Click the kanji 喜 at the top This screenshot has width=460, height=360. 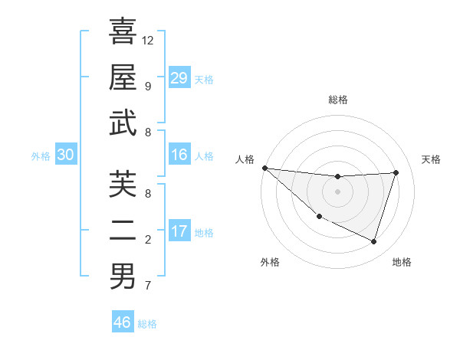tap(123, 31)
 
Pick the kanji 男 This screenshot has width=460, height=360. tap(123, 276)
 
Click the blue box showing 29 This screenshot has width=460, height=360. tap(179, 78)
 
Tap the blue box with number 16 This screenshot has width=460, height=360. tap(179, 155)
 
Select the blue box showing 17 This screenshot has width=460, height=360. tap(179, 231)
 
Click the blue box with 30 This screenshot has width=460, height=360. tap(66, 155)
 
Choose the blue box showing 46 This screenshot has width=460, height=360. tap(123, 322)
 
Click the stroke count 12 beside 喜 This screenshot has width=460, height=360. tap(148, 41)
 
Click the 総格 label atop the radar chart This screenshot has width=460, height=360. tap(337, 100)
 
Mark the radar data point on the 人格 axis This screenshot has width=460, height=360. tap(264, 168)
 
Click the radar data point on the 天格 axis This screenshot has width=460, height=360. tap(396, 172)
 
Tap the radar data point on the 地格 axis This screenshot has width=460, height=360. tap(374, 242)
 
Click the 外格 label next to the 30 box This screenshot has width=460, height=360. tap(41, 155)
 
